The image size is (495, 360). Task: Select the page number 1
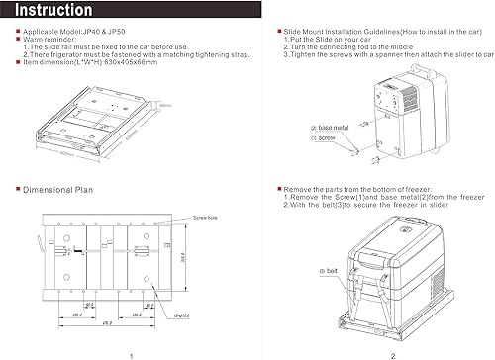coord(131,354)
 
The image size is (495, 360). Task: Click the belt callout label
coord(328,270)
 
